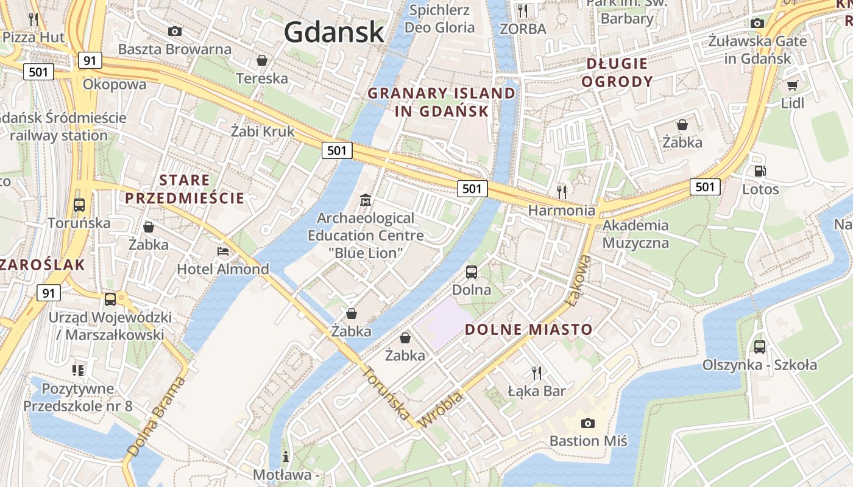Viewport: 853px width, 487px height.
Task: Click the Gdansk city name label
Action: point(334,32)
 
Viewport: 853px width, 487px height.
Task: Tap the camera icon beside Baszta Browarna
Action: point(175,31)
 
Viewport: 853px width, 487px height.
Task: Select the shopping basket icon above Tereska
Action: point(261,60)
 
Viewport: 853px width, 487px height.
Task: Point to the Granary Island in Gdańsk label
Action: point(442,102)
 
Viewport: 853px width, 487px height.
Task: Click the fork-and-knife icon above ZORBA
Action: point(522,10)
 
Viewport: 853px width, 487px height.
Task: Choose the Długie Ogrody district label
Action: point(617,72)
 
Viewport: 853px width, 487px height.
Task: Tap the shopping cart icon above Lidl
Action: point(792,86)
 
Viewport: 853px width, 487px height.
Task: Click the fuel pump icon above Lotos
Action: point(760,172)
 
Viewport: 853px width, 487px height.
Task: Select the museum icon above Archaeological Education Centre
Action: point(366,200)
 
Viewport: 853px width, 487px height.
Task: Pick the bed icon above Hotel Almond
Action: point(223,251)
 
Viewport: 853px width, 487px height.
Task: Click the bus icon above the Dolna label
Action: point(472,272)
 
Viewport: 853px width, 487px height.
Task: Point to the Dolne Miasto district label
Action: point(528,330)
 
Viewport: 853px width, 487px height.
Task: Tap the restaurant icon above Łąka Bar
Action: point(536,372)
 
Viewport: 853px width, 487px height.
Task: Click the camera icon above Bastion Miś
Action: point(588,422)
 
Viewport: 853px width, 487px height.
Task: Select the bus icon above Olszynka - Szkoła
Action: point(759,347)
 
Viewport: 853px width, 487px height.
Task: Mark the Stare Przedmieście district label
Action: point(184,189)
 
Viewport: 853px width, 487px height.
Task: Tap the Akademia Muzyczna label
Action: point(635,234)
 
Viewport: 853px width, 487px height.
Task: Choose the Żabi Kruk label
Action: point(263,131)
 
